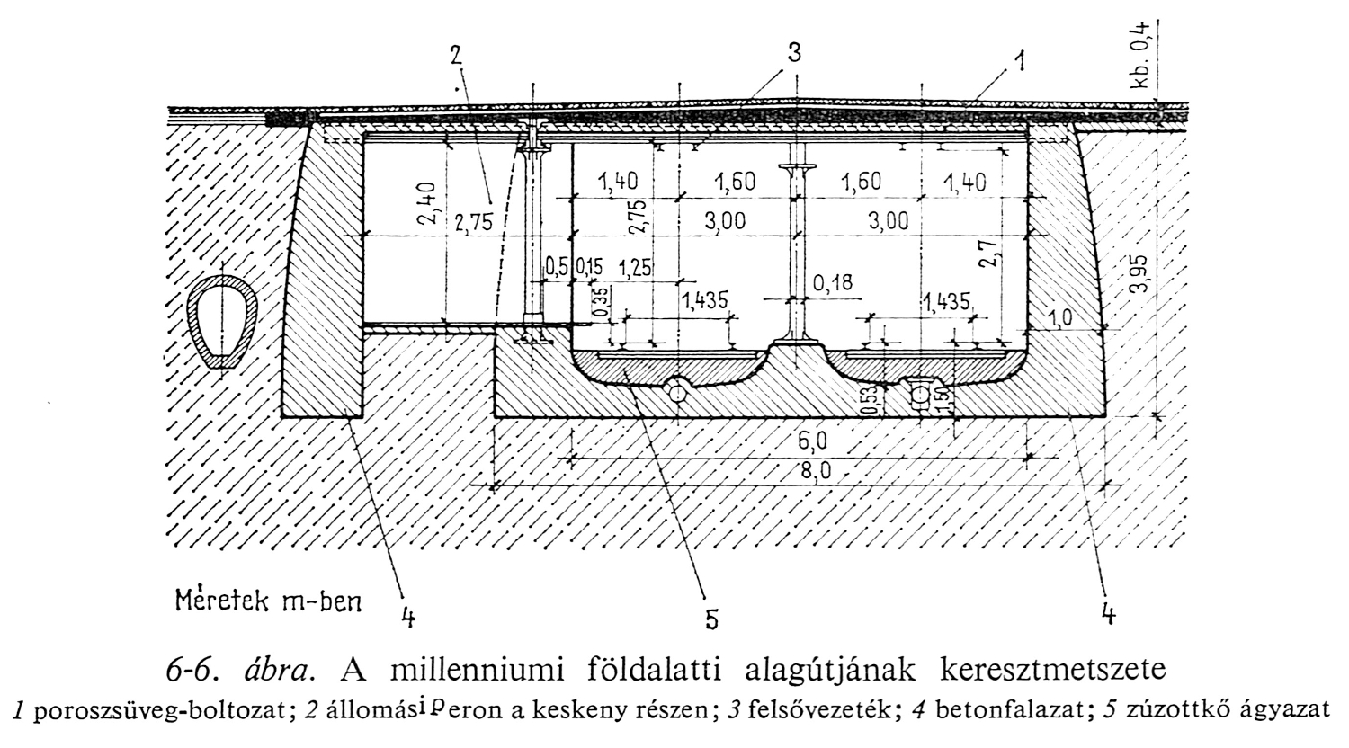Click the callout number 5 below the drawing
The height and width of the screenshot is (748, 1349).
(x=710, y=619)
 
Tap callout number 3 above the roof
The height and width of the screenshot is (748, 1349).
(x=793, y=52)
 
